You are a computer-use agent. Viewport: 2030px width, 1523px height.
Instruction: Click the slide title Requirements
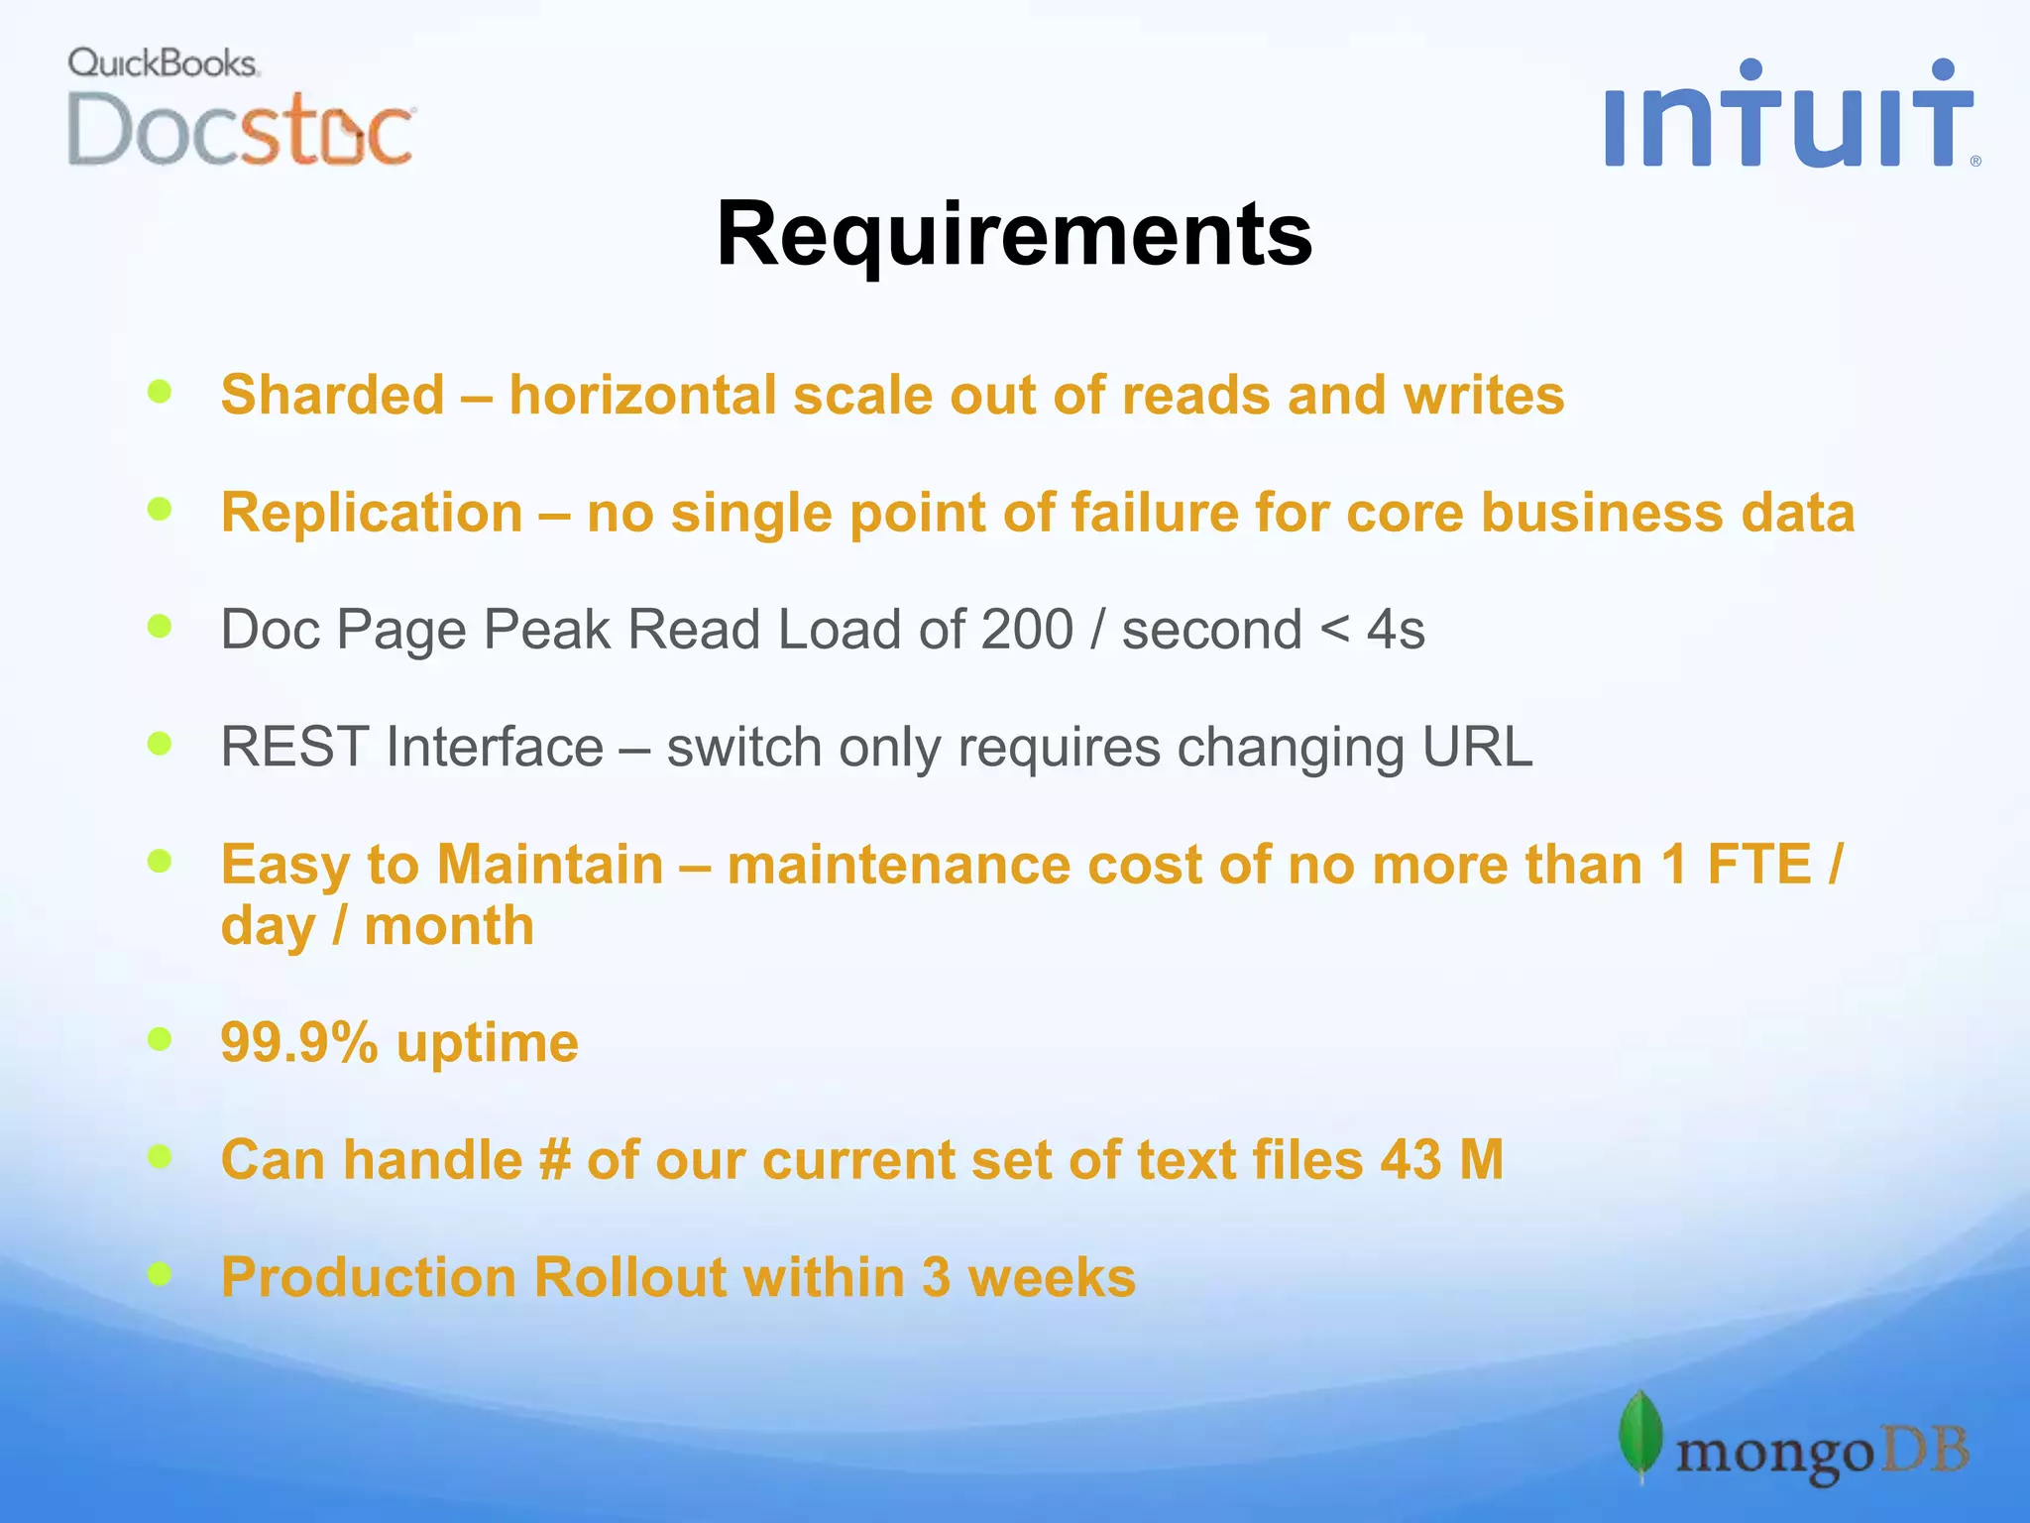(x=1014, y=234)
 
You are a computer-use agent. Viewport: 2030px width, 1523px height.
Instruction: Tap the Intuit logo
(x=1789, y=114)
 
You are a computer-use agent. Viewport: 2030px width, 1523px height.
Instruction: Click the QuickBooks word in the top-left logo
(x=163, y=63)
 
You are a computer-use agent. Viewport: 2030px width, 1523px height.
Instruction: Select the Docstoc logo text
(x=241, y=130)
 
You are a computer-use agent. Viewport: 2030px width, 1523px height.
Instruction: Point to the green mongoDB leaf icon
(x=1640, y=1434)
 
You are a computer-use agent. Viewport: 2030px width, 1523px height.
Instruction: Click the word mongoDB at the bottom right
(x=1822, y=1454)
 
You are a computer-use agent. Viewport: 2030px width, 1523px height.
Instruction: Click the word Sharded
(x=332, y=395)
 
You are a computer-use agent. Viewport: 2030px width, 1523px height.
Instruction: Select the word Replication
(x=372, y=513)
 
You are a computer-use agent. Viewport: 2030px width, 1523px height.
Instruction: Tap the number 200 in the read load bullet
(x=1026, y=630)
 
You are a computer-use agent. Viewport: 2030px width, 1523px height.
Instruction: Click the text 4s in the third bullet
(x=1396, y=630)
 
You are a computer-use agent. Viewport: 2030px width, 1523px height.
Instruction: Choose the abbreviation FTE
(x=1758, y=864)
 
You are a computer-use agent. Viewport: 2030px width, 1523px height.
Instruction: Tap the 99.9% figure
(x=299, y=1043)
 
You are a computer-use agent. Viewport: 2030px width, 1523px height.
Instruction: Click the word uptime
(x=487, y=1043)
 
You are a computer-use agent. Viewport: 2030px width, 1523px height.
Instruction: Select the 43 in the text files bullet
(x=1410, y=1159)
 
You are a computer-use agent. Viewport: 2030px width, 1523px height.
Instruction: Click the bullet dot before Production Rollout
(x=160, y=1272)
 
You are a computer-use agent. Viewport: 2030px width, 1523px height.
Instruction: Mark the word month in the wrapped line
(x=449, y=926)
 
